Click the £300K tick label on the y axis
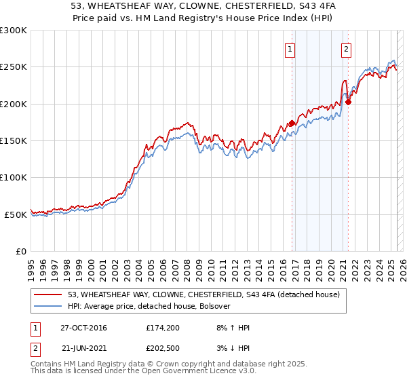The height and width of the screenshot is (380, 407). [x=14, y=31]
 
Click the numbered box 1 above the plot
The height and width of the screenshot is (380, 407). [x=290, y=48]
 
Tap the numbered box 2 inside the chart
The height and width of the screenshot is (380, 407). [x=346, y=48]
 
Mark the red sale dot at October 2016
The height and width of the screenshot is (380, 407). [x=292, y=123]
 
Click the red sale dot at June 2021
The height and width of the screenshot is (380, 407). [x=348, y=102]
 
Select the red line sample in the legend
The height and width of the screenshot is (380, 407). [x=49, y=294]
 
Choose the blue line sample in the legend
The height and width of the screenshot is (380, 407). [x=49, y=306]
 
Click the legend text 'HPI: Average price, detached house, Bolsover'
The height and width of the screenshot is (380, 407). [x=149, y=306]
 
